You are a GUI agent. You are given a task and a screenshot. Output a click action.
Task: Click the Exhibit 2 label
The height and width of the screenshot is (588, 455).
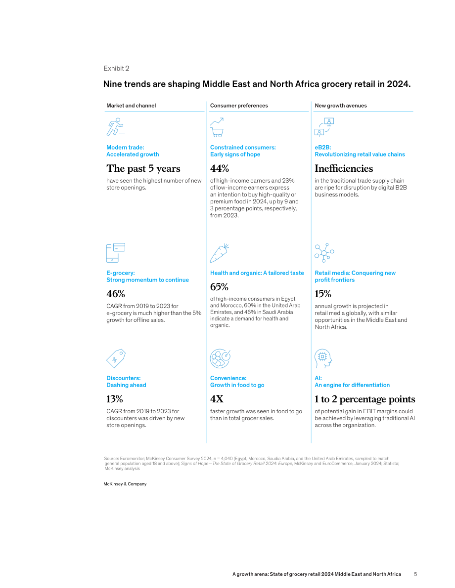click(x=116, y=68)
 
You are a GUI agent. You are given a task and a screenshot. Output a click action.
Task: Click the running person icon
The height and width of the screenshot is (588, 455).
click(x=115, y=127)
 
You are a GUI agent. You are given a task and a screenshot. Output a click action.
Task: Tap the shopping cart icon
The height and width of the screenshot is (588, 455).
click(x=217, y=127)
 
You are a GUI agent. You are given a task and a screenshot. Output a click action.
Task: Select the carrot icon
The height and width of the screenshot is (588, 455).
click(x=220, y=253)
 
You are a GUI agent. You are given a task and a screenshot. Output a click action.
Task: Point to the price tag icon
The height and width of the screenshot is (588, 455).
click(x=116, y=358)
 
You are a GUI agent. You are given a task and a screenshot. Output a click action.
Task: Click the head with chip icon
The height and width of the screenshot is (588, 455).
click(x=323, y=358)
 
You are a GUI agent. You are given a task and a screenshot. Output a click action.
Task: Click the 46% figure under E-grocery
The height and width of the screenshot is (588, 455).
click(x=116, y=294)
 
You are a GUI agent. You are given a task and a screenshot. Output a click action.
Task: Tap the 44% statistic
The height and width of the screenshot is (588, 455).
click(x=220, y=168)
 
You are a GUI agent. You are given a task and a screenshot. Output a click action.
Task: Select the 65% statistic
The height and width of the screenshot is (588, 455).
click(x=220, y=287)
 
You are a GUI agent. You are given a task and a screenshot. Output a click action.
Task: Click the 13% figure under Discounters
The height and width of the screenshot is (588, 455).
click(x=115, y=398)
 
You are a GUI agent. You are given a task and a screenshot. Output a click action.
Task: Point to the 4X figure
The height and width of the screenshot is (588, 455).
click(x=217, y=398)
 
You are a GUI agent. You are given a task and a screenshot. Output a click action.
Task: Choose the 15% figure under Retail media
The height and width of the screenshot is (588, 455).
click(x=323, y=294)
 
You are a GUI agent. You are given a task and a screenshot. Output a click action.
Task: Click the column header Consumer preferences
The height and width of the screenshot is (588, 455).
click(x=239, y=106)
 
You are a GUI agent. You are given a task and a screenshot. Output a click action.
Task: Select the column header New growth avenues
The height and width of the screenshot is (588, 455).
click(x=341, y=106)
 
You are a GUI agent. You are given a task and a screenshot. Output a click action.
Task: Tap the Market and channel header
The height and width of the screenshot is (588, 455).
click(x=131, y=106)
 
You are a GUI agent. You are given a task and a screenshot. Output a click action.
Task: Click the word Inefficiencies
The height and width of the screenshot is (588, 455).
click(x=344, y=168)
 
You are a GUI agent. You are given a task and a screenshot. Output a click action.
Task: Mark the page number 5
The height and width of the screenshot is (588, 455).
click(x=415, y=574)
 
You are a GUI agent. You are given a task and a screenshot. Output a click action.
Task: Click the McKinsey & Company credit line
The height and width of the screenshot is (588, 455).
click(x=125, y=484)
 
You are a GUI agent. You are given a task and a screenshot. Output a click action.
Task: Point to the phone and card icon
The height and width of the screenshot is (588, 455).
click(x=116, y=253)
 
